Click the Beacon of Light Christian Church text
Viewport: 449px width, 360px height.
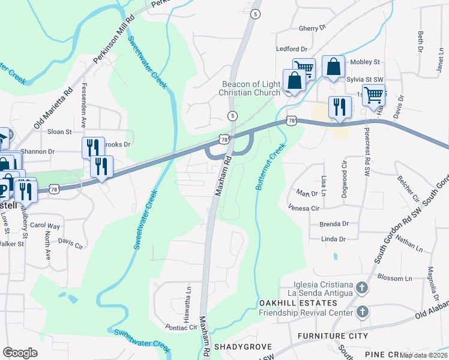[x=251, y=88]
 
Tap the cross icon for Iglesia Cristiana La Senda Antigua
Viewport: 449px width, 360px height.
[x=361, y=288]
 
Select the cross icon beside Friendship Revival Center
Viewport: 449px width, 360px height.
[x=361, y=311]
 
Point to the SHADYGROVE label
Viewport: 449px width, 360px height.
[x=240, y=347]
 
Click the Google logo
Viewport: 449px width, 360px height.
[x=20, y=353]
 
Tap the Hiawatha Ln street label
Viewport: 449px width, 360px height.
[x=187, y=299]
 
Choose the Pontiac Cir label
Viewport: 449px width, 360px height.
[x=181, y=328]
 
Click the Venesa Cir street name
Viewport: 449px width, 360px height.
[x=303, y=208]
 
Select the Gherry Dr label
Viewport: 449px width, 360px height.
[x=312, y=28]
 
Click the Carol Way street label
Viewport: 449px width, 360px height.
[x=46, y=226]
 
